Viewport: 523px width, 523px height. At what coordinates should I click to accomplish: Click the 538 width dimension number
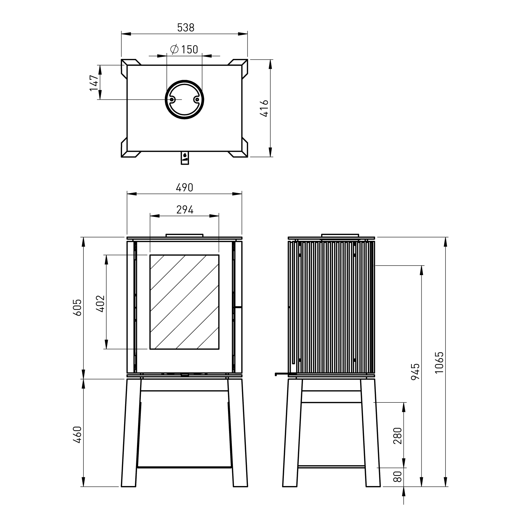185,28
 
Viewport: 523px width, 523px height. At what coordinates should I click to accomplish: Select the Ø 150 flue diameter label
184,50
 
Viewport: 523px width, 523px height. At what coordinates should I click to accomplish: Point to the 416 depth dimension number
265,108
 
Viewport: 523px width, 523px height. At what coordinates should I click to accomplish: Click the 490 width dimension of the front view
184,188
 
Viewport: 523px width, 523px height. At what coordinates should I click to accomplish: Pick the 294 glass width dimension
184,210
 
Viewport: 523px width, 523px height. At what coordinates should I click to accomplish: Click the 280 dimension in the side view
398,435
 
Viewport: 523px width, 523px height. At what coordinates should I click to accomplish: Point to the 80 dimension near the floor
398,476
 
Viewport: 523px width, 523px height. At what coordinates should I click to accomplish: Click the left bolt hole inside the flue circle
172,99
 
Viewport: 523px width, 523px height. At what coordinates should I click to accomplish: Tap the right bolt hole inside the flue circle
197,99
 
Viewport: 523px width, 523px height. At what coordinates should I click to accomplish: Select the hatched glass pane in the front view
184,302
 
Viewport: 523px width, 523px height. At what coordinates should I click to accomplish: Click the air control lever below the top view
184,158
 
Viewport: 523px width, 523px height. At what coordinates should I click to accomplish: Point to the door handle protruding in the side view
282,374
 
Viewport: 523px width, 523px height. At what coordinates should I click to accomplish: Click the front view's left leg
130,432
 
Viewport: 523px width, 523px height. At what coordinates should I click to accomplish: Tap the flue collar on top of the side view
340,236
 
